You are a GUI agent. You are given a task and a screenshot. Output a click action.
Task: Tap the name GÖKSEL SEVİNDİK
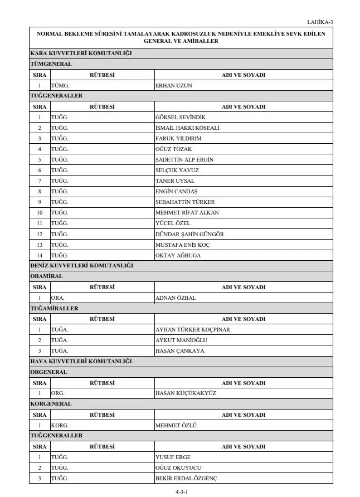pyautogui.click(x=181, y=117)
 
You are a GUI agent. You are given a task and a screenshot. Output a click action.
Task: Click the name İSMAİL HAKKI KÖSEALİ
pyautogui.click(x=187, y=128)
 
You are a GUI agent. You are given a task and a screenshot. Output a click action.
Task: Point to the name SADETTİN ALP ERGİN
pyautogui.click(x=184, y=159)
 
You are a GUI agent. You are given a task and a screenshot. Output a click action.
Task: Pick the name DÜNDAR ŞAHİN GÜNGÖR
pyautogui.click(x=189, y=234)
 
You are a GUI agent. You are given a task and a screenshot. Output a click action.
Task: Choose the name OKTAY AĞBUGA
pyautogui.click(x=178, y=255)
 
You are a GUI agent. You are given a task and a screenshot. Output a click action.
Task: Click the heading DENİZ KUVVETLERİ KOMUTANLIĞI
pyautogui.click(x=81, y=266)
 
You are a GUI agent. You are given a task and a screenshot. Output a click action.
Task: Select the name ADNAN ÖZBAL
pyautogui.click(x=176, y=298)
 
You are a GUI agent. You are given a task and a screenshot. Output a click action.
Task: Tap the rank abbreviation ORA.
pyautogui.click(x=57, y=298)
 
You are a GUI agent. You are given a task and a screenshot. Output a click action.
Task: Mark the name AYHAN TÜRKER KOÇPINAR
pyautogui.click(x=192, y=329)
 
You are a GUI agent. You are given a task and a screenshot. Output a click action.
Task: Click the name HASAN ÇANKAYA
pyautogui.click(x=179, y=351)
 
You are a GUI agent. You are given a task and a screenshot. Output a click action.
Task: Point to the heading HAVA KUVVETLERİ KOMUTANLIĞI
pyautogui.click(x=81, y=362)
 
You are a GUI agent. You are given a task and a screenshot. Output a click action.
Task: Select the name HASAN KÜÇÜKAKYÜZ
pyautogui.click(x=186, y=393)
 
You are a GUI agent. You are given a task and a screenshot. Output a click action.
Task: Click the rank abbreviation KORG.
pyautogui.click(x=60, y=425)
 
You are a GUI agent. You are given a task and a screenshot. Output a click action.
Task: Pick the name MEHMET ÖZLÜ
pyautogui.click(x=176, y=425)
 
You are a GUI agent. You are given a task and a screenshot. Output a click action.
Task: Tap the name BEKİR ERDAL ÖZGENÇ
pyautogui.click(x=186, y=479)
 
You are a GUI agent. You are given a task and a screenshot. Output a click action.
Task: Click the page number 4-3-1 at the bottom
pyautogui.click(x=182, y=491)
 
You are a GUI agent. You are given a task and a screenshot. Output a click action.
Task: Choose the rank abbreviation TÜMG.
pyautogui.click(x=60, y=85)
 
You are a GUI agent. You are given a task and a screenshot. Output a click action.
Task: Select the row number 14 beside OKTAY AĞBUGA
pyautogui.click(x=40, y=255)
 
